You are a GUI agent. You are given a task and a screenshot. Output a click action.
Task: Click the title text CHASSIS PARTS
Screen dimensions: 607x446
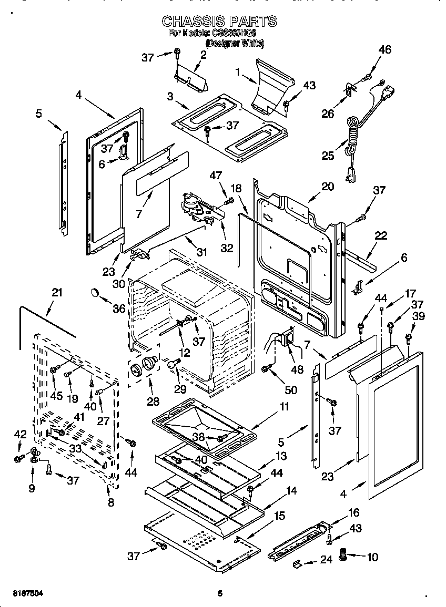point(219,21)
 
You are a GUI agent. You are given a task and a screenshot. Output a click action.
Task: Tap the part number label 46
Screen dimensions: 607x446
point(385,50)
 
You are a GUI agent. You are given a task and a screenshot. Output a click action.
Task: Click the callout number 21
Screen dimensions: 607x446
point(57,293)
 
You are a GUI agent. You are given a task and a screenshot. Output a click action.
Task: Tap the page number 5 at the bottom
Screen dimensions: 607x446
point(220,594)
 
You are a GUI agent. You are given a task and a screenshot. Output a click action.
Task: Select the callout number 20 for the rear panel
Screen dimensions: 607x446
point(328,187)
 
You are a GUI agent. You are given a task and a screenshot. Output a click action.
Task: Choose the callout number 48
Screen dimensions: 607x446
point(297,369)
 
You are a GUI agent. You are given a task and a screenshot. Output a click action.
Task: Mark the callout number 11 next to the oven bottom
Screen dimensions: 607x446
point(284,406)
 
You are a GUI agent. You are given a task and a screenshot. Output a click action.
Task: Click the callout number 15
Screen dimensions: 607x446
point(280,516)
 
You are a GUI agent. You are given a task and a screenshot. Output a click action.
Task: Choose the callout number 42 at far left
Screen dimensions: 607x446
point(20,434)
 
